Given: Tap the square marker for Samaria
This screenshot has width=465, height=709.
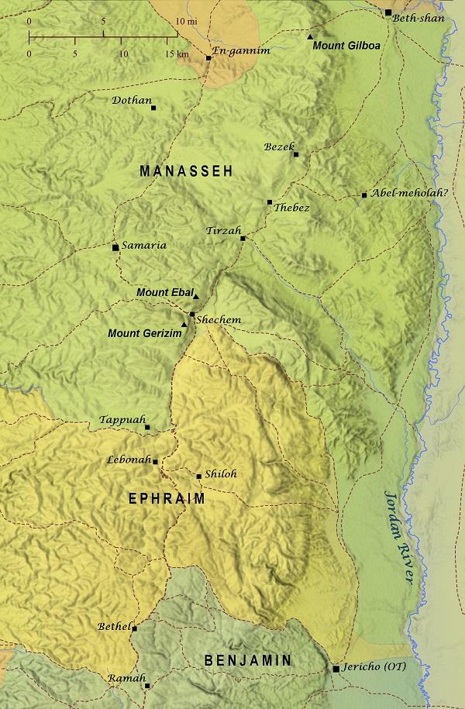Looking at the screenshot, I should pos(115,247).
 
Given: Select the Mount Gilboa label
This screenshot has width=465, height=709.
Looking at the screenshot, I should pos(346,46).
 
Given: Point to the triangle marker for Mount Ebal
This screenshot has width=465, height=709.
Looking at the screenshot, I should pos(196,296).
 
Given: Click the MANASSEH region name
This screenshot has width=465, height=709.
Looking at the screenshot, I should pos(186,171).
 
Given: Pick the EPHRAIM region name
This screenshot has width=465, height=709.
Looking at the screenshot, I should pos(167,499).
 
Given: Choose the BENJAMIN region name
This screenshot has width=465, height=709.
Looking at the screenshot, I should pos(248,660).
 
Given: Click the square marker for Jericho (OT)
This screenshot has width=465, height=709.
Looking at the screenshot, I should pos(336,668).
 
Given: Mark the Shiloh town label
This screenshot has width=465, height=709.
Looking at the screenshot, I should pos(221,474).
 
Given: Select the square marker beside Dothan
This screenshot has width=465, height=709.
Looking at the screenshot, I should pos(153,108).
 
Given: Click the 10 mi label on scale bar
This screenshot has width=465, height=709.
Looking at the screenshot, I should pos(185,21).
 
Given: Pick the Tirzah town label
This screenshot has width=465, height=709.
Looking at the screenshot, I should pos(224,232).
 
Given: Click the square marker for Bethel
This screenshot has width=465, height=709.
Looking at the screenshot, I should pos(134,628).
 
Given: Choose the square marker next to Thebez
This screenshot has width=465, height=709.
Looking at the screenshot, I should pos(270,202).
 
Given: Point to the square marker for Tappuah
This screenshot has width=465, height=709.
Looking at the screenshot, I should pos(147,427).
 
